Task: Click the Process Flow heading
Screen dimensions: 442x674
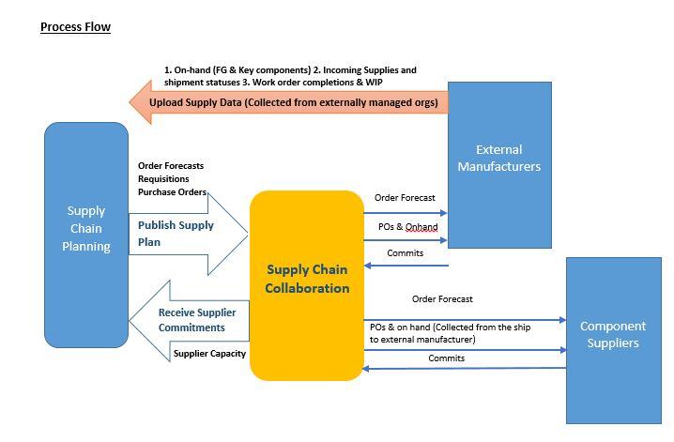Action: [75, 27]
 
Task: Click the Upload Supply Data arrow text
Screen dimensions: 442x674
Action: [293, 101]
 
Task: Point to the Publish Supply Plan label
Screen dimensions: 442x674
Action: [176, 234]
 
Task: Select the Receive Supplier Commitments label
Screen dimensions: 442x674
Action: [197, 320]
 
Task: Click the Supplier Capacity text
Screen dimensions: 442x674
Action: [209, 354]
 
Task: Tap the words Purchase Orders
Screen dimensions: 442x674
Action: [172, 192]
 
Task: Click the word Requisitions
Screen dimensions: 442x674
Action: [163, 179]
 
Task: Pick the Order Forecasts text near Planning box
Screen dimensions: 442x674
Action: [170, 166]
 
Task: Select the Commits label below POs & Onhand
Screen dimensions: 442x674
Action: [405, 252]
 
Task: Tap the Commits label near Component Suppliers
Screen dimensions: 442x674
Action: [446, 358]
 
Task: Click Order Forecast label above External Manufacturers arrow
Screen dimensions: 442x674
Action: [405, 198]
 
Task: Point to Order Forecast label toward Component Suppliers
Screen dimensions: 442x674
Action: [442, 299]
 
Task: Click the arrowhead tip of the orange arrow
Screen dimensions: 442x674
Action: [131, 101]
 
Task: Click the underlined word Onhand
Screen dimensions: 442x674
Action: [421, 227]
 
